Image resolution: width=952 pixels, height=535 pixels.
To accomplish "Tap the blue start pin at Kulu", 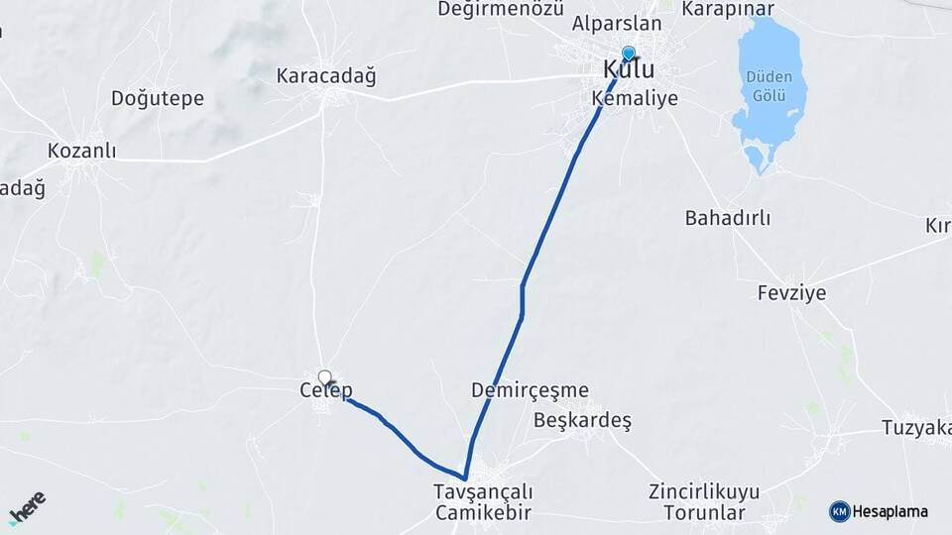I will pyautogui.click(x=628, y=53).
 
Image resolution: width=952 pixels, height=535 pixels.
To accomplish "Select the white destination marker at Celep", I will pyautogui.click(x=324, y=376).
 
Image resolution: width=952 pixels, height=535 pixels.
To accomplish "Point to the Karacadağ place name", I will pyautogui.click(x=326, y=76).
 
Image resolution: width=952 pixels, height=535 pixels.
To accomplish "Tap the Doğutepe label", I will pyautogui.click(x=158, y=98).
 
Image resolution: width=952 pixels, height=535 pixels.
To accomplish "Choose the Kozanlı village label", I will pyautogui.click(x=82, y=152).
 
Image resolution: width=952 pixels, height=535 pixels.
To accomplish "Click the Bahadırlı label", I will pyautogui.click(x=728, y=218).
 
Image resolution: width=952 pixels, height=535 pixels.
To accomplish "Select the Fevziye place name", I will pyautogui.click(x=791, y=293).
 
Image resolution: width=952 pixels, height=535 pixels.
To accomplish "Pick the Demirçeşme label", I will pyautogui.click(x=530, y=390).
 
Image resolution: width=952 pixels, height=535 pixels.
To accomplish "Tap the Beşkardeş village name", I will pyautogui.click(x=582, y=420).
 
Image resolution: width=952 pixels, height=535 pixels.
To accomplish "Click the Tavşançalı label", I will pyautogui.click(x=483, y=492).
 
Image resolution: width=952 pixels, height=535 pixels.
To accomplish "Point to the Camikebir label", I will pyautogui.click(x=483, y=513).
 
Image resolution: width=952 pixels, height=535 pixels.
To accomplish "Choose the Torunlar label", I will pyautogui.click(x=704, y=513).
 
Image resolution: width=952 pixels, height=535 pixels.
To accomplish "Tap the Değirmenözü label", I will pyautogui.click(x=501, y=9).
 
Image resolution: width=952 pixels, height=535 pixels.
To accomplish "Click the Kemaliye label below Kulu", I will pyautogui.click(x=635, y=98).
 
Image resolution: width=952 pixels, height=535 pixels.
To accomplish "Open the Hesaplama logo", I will pyautogui.click(x=879, y=511).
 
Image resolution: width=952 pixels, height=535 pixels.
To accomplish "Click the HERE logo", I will pyautogui.click(x=27, y=507).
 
